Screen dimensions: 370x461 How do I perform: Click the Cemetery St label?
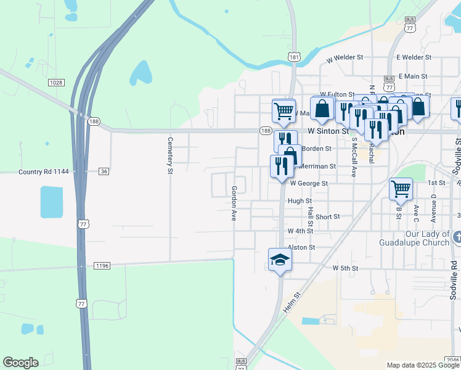pyautogui.click(x=169, y=155)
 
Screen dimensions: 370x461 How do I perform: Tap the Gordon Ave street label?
pyautogui.click(x=234, y=203)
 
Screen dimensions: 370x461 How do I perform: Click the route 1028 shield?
pyautogui.click(x=56, y=82)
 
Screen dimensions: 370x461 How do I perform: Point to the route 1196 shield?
pyautogui.click(x=102, y=266)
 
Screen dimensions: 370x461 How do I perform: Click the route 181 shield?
pyautogui.click(x=294, y=57)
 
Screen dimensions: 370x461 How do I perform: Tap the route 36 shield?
pyautogui.click(x=104, y=171)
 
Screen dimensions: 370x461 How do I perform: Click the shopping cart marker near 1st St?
pyautogui.click(x=401, y=189)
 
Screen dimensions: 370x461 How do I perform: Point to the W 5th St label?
pyautogui.click(x=345, y=268)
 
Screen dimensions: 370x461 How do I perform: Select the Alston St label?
pyautogui.click(x=301, y=247)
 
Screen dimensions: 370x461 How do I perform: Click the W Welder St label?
pyautogui.click(x=345, y=57)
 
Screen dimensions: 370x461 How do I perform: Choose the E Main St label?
pyautogui.click(x=412, y=76)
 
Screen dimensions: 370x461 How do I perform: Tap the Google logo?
pyautogui.click(x=20, y=363)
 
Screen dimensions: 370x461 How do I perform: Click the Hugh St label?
pyautogui.click(x=300, y=201)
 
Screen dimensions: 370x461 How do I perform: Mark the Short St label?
pyautogui.click(x=327, y=217)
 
